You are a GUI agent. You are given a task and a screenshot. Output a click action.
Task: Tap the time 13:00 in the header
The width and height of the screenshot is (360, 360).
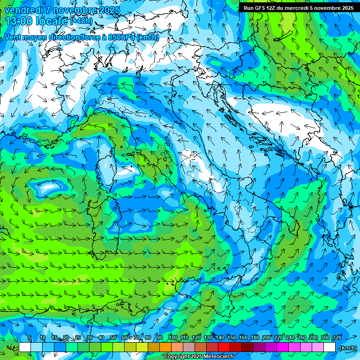point(19,21)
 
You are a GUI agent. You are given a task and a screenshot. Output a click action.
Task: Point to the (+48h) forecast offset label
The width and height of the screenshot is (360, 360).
point(82,21)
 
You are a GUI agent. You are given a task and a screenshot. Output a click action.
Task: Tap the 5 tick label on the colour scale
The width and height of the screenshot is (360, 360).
point(30,338)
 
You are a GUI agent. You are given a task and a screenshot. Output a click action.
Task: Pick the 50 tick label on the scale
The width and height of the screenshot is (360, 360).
point(113,338)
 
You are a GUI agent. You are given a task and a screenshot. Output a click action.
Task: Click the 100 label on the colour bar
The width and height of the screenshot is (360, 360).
point(172,338)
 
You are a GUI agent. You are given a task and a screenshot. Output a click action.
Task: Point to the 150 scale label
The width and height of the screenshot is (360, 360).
point(232,338)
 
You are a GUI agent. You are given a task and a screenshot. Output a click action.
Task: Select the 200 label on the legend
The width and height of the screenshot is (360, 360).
point(267,338)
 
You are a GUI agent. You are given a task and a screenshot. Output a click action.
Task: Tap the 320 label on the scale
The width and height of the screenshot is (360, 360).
point(337,338)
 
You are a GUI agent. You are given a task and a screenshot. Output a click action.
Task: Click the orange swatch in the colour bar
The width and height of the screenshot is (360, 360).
point(165,347)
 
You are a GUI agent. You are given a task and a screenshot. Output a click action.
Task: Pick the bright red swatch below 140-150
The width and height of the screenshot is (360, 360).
point(225,347)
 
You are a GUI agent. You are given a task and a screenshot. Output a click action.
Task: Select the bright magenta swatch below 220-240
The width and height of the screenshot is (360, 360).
point(283,347)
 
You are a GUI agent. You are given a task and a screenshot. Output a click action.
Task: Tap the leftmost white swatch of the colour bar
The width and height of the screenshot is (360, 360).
point(25,347)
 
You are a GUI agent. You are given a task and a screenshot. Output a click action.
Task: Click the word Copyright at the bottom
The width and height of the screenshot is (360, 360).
point(177,357)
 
